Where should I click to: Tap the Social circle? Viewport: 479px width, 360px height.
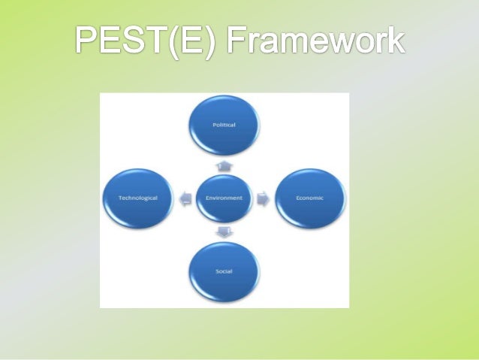point(223,272)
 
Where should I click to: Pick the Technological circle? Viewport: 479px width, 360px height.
point(138,198)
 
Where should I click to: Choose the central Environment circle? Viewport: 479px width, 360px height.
point(223,198)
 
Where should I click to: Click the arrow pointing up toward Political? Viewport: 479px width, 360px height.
point(223,165)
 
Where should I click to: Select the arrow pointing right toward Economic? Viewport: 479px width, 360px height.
point(262,198)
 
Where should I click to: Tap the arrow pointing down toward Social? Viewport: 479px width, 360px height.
point(223,231)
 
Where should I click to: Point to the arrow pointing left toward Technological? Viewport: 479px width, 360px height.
point(185,198)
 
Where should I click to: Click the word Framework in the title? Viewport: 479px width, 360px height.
point(317,41)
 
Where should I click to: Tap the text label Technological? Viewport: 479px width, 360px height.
point(138,198)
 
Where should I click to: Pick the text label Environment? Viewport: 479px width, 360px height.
point(223,198)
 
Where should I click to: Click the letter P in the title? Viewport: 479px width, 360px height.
point(87,41)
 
